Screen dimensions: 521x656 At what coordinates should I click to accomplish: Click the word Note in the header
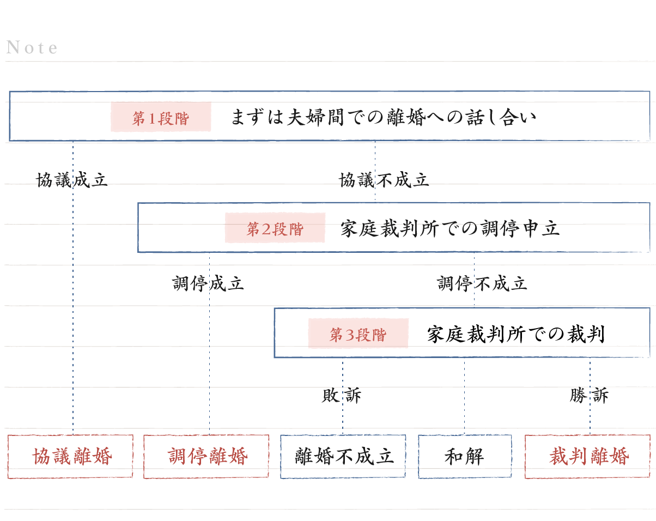point(32,48)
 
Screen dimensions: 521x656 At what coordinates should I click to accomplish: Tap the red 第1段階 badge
point(161,117)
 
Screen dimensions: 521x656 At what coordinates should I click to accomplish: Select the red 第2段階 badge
point(275,228)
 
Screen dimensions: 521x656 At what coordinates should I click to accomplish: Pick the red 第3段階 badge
point(358,334)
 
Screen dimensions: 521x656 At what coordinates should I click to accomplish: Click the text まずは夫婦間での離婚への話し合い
point(383,117)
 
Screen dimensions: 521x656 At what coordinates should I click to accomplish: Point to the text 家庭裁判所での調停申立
point(450,228)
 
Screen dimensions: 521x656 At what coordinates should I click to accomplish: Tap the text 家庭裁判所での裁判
point(515,334)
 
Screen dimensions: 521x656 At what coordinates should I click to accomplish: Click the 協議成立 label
point(72,180)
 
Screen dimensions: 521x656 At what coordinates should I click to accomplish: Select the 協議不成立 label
point(384,180)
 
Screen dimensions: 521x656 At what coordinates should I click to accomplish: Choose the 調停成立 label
point(208,283)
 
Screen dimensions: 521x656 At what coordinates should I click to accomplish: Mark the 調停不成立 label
point(482,283)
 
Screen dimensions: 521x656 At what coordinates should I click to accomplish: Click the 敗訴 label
point(342,396)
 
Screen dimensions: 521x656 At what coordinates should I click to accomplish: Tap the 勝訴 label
point(589,396)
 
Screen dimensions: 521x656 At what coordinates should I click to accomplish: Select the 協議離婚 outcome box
point(70,457)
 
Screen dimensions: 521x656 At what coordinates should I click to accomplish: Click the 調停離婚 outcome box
point(206,457)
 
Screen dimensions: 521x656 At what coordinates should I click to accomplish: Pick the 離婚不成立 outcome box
point(343,457)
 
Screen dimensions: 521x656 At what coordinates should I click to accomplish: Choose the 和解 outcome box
point(465,457)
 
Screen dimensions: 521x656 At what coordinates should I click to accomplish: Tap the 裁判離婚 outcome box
point(588,457)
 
